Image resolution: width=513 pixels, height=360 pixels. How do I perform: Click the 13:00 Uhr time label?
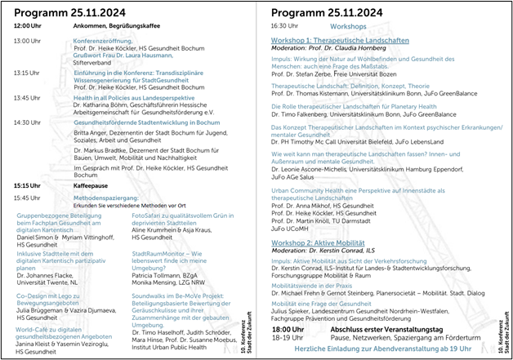pyautogui.click(x=27, y=41)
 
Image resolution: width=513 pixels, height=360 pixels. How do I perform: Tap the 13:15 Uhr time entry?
pyautogui.click(x=27, y=72)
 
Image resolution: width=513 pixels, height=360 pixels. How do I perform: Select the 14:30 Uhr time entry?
pyautogui.click(x=27, y=122)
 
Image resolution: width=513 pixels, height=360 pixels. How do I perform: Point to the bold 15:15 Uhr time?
pyautogui.click(x=27, y=185)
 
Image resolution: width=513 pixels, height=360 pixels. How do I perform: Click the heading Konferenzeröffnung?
pyautogui.click(x=102, y=40)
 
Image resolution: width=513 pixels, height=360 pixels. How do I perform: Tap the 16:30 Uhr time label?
pyautogui.click(x=284, y=26)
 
